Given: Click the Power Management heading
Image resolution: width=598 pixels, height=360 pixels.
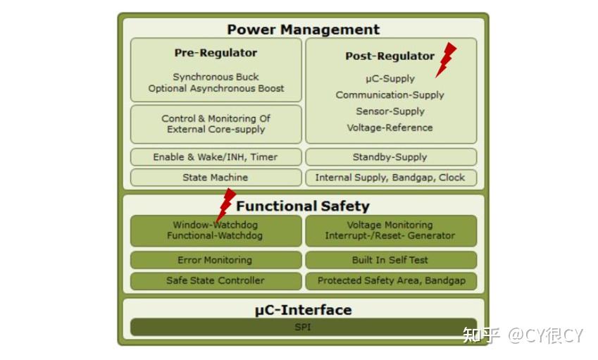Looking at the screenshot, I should [303, 30].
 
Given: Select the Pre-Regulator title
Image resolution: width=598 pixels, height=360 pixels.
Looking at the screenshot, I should [216, 53].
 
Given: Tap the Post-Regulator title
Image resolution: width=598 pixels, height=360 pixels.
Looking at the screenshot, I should [390, 56].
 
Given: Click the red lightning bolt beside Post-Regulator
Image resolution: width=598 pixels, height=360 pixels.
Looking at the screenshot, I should [445, 59].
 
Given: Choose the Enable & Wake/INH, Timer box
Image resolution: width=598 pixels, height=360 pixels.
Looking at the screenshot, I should [216, 157].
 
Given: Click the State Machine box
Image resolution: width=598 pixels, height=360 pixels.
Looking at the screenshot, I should [216, 178].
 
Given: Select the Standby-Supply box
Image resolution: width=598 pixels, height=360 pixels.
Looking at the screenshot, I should [390, 157].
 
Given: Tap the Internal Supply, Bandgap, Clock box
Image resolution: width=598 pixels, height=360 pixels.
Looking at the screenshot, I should [390, 178].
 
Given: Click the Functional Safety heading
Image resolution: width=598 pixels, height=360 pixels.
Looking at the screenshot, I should [303, 206].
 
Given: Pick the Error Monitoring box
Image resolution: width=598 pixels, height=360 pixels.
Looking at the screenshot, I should [216, 260].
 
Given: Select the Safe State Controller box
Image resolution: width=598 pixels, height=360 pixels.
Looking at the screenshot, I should [216, 280].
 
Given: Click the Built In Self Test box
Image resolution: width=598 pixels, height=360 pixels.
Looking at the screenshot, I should [390, 260].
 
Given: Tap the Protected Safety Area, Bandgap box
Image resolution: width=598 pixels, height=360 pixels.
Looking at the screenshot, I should [390, 280].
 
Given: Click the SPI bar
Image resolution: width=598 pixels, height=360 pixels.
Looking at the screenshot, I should [303, 328].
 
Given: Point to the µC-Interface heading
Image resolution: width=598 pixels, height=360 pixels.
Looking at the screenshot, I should [303, 310].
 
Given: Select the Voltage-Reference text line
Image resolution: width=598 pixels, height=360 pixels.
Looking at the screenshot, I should [390, 128].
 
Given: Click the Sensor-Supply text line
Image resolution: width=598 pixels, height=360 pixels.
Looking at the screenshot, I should [390, 111].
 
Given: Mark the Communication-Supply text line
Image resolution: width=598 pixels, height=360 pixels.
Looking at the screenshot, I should [390, 95].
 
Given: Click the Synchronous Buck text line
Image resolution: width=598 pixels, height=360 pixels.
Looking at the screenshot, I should [216, 77].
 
